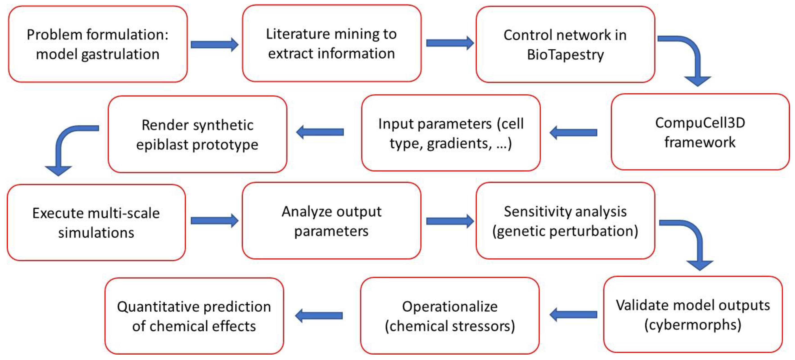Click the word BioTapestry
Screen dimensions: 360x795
point(565,55)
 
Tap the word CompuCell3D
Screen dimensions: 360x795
point(700,123)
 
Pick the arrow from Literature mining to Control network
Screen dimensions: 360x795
point(450,43)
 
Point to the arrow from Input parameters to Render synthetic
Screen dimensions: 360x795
point(320,132)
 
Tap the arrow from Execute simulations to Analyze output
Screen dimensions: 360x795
point(214,221)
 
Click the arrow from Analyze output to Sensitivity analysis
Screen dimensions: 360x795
point(450,221)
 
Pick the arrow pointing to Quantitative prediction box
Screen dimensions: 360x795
point(319,316)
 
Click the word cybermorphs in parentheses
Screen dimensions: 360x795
point(693,325)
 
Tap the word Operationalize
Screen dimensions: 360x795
point(450,307)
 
